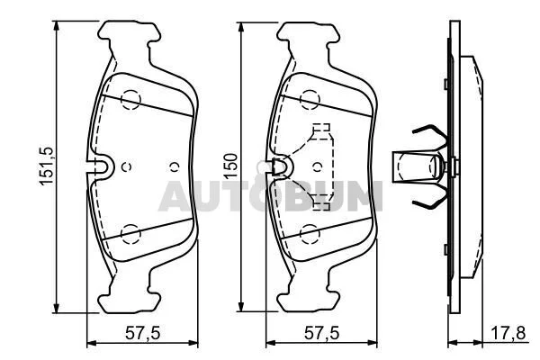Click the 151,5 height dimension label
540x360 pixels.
tap(47, 166)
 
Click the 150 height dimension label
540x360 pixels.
tap(231, 166)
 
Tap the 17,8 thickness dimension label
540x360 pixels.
tap(508, 334)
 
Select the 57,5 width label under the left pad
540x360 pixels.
tap(142, 334)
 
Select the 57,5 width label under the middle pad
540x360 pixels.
tap(321, 334)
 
